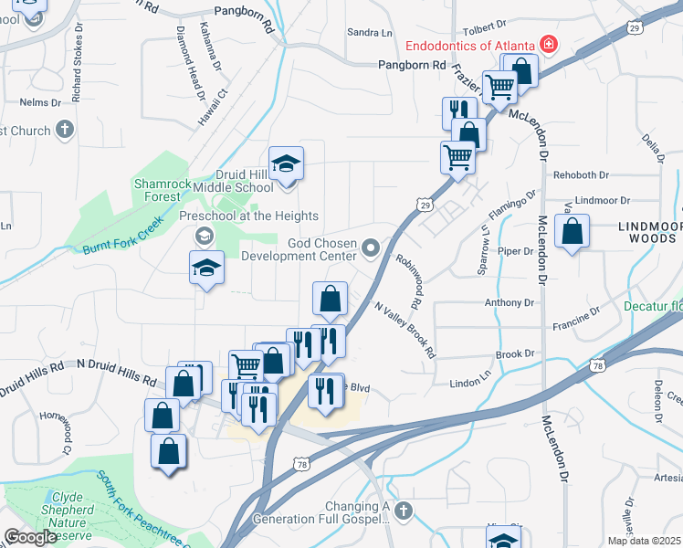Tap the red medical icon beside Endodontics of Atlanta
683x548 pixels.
(549, 43)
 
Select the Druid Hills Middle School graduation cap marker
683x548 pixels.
(287, 164)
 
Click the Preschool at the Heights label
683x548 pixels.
(248, 216)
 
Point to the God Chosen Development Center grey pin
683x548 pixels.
(371, 248)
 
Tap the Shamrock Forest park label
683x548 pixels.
(163, 189)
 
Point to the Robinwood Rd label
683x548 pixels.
(408, 280)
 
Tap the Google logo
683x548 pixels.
(31, 536)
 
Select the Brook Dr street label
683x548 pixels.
(514, 354)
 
